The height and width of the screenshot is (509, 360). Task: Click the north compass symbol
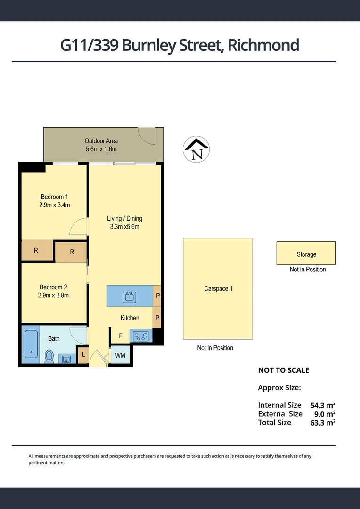196,150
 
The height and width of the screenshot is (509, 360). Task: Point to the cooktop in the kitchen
140,336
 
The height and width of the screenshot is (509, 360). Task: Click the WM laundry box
120,356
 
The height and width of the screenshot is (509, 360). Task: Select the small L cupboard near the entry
83,355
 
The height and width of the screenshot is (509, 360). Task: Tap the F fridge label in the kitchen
121,336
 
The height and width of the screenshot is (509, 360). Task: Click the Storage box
306,254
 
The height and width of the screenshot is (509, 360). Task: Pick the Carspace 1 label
218,288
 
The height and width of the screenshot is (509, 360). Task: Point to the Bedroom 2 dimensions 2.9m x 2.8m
54,296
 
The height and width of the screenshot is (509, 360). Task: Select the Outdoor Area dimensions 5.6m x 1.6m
101,149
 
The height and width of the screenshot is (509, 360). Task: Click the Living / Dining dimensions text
124,227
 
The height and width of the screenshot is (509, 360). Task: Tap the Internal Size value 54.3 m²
322,405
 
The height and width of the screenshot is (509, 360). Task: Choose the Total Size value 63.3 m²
322,423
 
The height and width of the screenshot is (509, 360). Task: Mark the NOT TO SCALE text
283,370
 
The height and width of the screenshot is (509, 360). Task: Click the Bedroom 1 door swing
78,228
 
